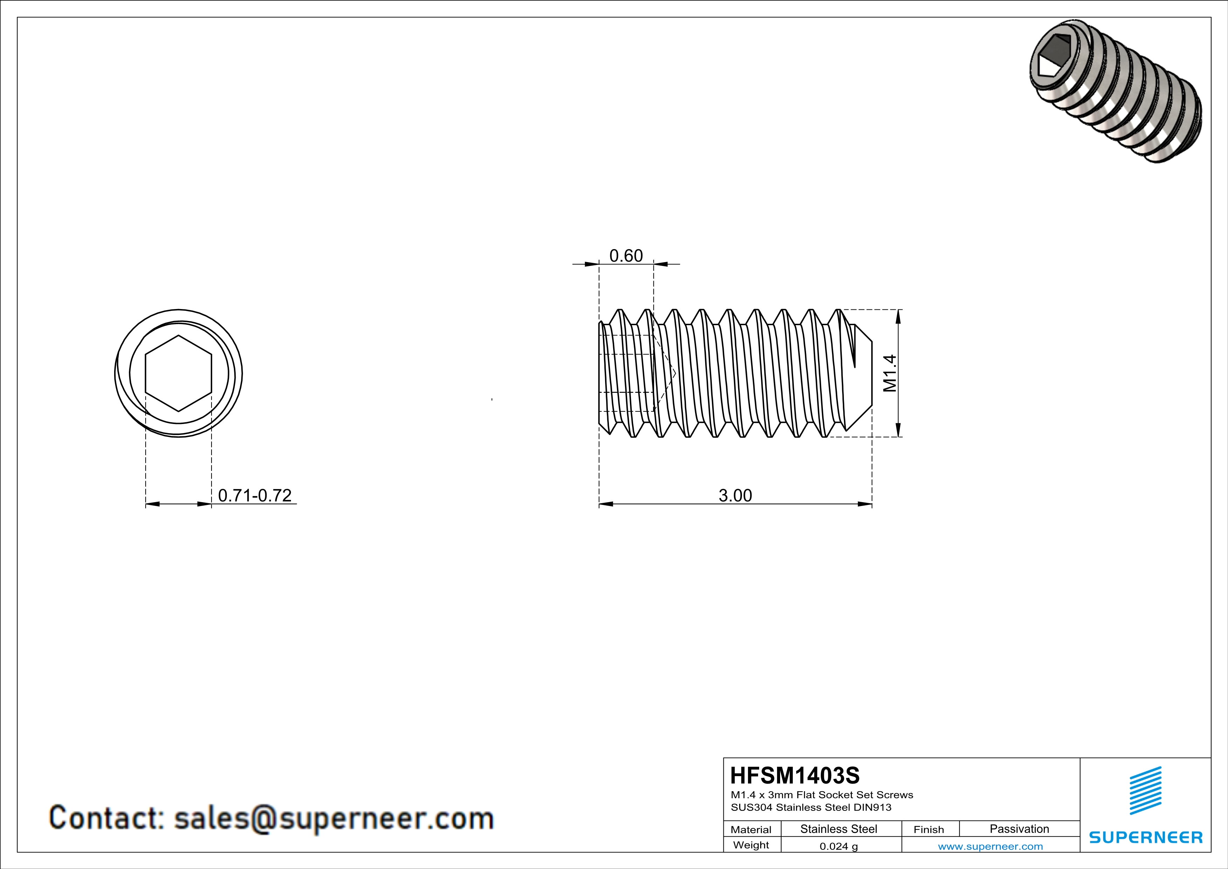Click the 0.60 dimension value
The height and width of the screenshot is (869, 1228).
point(626,256)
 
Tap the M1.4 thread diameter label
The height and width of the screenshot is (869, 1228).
point(889,374)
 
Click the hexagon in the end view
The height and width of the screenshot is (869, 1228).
point(178,374)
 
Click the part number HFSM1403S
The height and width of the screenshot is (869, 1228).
point(795,775)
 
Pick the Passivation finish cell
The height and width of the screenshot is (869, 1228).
point(1019,829)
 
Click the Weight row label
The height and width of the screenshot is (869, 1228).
point(751,845)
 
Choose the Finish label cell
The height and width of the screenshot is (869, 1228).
point(929,829)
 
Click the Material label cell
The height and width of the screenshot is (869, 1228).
point(751,829)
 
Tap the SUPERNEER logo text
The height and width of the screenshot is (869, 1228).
point(1146,837)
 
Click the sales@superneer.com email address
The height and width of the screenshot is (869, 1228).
point(334,819)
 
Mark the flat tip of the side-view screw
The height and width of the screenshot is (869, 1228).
point(871,374)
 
